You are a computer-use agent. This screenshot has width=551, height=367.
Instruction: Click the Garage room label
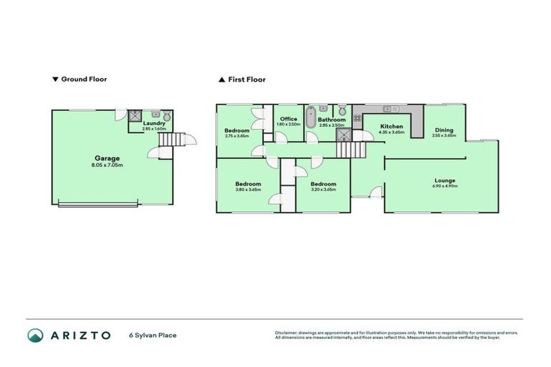108,158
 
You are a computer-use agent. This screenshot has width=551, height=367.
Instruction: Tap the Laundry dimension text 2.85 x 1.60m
154,129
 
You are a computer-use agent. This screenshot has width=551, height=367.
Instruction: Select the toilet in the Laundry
167,115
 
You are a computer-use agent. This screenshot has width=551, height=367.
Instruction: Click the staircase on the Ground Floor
166,140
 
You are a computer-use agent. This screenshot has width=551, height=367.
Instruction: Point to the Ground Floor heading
83,80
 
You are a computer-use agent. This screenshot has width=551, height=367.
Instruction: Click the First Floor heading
246,80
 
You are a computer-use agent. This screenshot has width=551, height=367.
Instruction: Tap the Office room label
288,119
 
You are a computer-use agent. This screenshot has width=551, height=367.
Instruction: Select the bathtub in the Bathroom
310,118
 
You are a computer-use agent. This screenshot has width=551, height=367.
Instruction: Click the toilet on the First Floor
342,110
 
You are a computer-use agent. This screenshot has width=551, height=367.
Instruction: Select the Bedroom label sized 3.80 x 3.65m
248,184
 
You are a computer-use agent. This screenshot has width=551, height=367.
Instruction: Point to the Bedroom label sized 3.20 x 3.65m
323,184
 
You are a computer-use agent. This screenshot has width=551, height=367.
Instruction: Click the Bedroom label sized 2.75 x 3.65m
237,130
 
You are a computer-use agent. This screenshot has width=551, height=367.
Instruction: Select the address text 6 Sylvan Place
153,335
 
